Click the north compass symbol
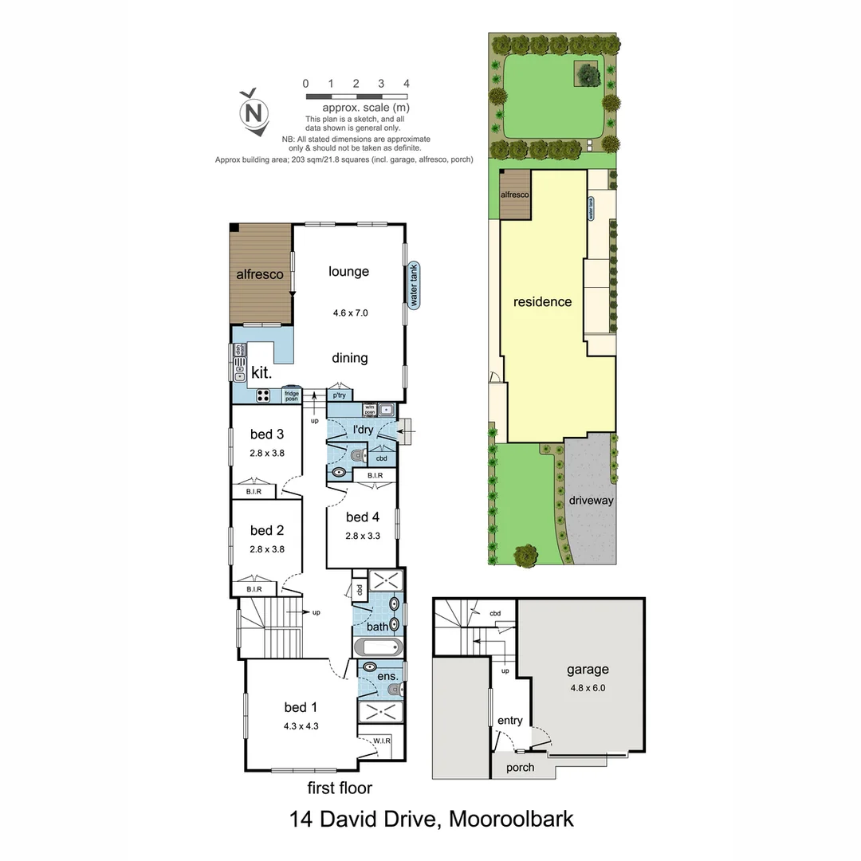(x=255, y=111)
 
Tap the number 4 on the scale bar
(x=407, y=83)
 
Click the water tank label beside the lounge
(x=413, y=286)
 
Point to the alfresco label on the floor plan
(x=260, y=274)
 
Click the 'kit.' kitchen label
(x=261, y=373)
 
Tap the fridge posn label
(x=292, y=395)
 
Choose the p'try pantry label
(x=339, y=395)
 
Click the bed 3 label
(x=266, y=434)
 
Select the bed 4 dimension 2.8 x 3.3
(x=363, y=536)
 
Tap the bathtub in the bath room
(x=378, y=647)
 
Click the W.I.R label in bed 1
(x=381, y=741)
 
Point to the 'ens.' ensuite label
(x=387, y=677)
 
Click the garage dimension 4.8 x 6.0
(x=588, y=688)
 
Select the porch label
(x=518, y=768)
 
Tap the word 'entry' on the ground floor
(x=510, y=721)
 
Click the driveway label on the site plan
(x=591, y=501)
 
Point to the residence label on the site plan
(x=542, y=302)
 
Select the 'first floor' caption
(x=340, y=788)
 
